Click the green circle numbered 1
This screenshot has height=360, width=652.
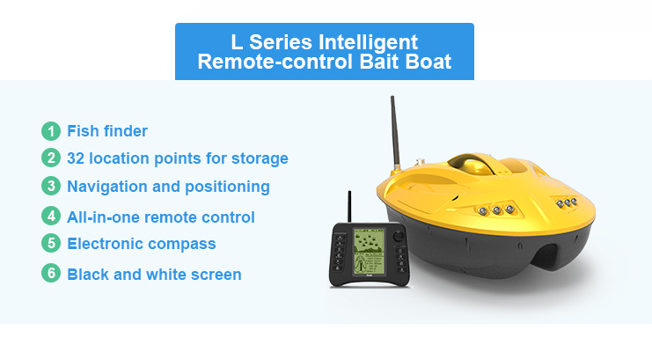(x=51, y=131)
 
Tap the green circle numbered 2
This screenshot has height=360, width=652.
(x=51, y=158)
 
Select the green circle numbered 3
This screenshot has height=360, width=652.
(x=51, y=186)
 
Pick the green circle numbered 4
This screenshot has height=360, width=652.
(x=51, y=217)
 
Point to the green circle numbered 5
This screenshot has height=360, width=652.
(x=51, y=243)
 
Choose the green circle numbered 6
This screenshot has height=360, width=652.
(x=51, y=274)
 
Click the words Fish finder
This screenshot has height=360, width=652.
(x=107, y=131)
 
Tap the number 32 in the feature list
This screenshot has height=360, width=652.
(x=76, y=158)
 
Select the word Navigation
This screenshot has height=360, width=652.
(x=107, y=187)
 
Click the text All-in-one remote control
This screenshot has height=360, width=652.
(x=161, y=217)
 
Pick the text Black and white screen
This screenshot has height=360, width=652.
(x=154, y=275)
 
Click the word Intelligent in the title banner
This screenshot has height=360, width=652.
(x=368, y=42)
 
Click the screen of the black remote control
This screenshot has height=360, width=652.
(x=369, y=251)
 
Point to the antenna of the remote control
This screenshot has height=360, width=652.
(x=349, y=207)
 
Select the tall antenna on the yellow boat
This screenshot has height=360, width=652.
(x=395, y=131)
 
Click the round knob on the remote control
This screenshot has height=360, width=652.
(x=399, y=236)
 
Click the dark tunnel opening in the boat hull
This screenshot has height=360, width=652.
(x=546, y=256)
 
